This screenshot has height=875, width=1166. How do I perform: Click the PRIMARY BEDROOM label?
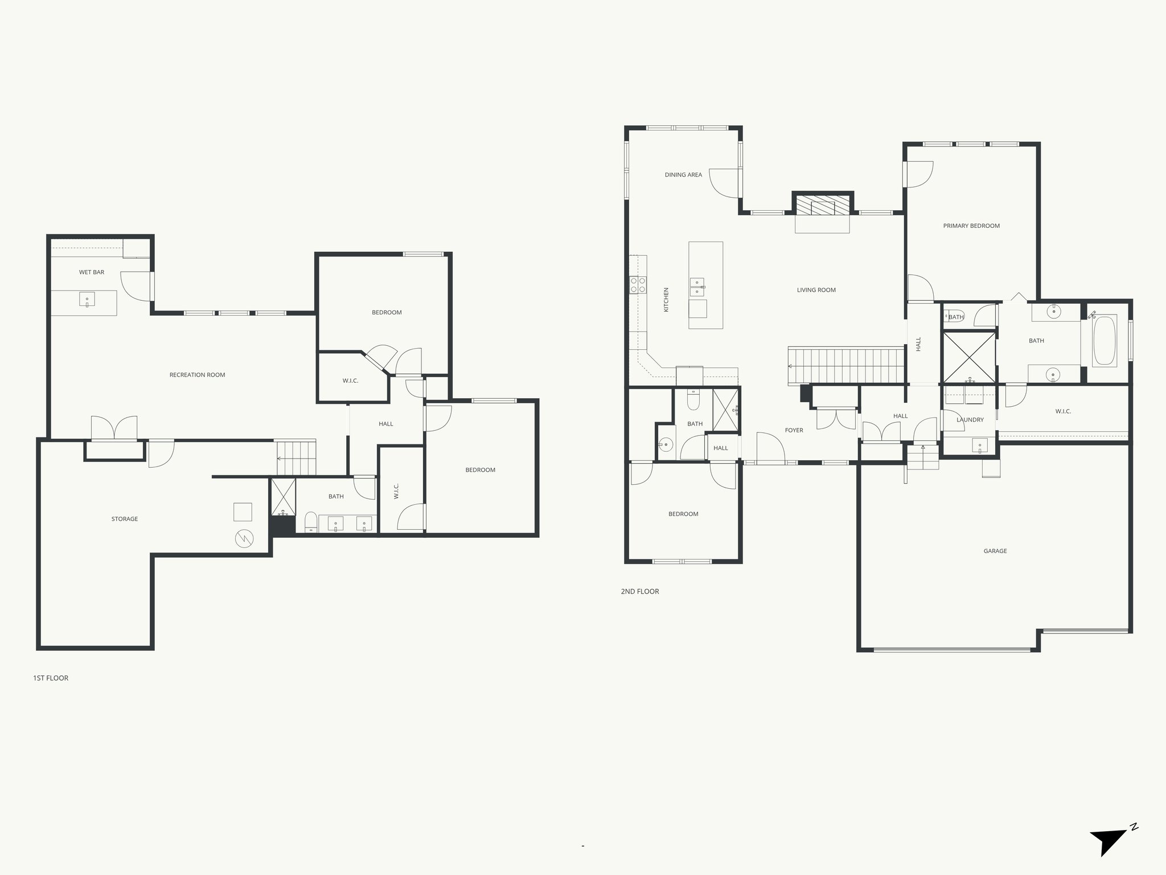[x=971, y=226]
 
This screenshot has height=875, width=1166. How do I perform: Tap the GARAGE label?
[x=995, y=551]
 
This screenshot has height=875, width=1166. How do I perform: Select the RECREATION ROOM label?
[x=197, y=375]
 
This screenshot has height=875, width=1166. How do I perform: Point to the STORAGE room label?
[x=125, y=519]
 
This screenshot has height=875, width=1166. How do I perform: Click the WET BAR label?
[x=92, y=272]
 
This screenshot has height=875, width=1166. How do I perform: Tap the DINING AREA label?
[x=683, y=175]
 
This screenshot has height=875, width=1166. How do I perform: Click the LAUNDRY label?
[x=970, y=420]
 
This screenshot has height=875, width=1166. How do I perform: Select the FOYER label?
[x=794, y=430]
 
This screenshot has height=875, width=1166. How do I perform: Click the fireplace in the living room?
[x=822, y=206]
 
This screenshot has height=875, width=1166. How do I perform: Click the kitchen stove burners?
[x=638, y=285]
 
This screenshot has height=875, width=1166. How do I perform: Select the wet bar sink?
[x=87, y=299]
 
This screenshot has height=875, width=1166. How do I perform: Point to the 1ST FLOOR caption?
[x=51, y=678]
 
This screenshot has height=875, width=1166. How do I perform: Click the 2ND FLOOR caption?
[x=640, y=591]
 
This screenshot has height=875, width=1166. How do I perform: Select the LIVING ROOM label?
[x=816, y=290]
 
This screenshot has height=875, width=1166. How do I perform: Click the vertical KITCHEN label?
[x=666, y=299]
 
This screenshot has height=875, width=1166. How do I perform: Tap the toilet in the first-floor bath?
[x=311, y=521]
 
